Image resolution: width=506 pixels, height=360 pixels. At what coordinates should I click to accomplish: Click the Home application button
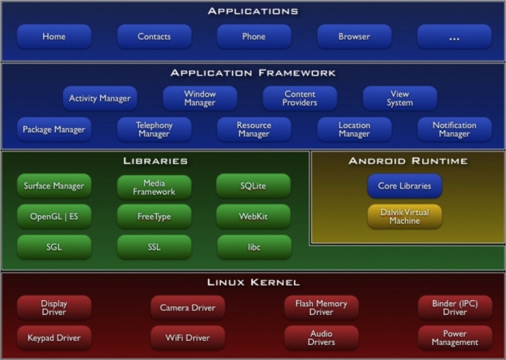click(x=54, y=36)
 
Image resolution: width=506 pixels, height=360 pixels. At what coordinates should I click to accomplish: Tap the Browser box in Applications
click(x=354, y=36)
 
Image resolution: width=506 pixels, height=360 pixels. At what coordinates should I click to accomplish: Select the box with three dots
click(x=454, y=36)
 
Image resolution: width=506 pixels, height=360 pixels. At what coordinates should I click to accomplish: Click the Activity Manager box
click(x=99, y=98)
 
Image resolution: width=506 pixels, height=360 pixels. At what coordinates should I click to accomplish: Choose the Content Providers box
click(x=300, y=98)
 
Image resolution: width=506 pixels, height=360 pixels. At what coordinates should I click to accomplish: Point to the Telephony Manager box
click(x=154, y=129)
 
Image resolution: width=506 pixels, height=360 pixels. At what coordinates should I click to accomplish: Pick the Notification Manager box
click(x=454, y=129)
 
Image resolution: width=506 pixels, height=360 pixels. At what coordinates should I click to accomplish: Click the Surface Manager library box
click(x=54, y=186)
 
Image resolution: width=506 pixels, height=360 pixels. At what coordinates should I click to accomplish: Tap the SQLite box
click(x=253, y=186)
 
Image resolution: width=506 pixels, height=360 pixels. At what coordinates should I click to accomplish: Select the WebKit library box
click(x=253, y=216)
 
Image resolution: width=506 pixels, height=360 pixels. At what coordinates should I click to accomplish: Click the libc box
click(x=254, y=247)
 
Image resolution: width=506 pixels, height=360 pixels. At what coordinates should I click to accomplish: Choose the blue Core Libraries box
click(x=404, y=186)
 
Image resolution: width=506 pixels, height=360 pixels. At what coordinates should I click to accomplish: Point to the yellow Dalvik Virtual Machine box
click(x=404, y=216)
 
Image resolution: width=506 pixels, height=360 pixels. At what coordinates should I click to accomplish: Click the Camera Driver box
click(x=187, y=307)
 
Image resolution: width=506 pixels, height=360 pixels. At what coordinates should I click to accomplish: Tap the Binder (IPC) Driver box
click(x=455, y=307)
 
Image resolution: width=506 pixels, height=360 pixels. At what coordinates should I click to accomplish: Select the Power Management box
click(x=455, y=337)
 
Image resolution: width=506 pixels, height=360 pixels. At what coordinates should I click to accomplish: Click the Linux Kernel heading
click(x=253, y=282)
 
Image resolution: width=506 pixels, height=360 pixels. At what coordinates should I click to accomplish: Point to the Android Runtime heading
click(x=408, y=160)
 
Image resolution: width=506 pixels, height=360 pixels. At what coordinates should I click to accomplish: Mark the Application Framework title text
click(x=253, y=72)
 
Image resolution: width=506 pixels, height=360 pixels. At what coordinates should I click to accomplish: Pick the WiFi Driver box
click(x=187, y=337)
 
